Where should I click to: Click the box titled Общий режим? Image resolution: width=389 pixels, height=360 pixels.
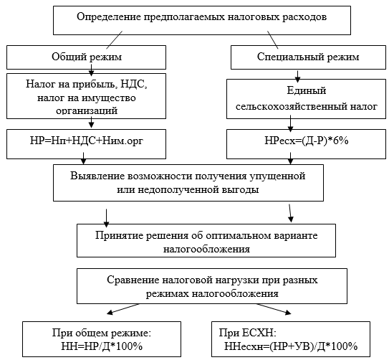(x=86, y=57)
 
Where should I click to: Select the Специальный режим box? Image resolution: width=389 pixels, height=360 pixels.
(x=308, y=57)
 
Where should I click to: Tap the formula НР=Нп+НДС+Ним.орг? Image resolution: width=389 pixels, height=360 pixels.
(x=87, y=141)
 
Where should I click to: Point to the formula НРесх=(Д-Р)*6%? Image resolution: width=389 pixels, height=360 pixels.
(x=307, y=141)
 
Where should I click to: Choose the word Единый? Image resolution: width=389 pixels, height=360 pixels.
(x=307, y=91)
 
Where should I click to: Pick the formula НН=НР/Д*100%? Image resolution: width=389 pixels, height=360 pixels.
(x=102, y=346)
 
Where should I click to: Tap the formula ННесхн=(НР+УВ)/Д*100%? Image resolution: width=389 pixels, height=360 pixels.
(x=291, y=346)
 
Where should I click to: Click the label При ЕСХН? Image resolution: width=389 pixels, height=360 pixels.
(x=248, y=333)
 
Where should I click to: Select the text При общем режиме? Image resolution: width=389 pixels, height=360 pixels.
(x=102, y=333)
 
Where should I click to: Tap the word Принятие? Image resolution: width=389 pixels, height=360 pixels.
(x=119, y=235)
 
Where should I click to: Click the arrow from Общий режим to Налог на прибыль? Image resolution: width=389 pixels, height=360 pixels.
(x=91, y=70)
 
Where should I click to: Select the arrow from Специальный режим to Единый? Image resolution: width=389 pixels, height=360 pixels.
(x=297, y=77)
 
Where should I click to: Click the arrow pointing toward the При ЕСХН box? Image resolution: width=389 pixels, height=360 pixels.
(x=274, y=309)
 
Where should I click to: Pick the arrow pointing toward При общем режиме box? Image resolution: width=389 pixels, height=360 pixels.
(x=123, y=309)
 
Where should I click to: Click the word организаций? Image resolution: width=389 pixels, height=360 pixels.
(x=87, y=110)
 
